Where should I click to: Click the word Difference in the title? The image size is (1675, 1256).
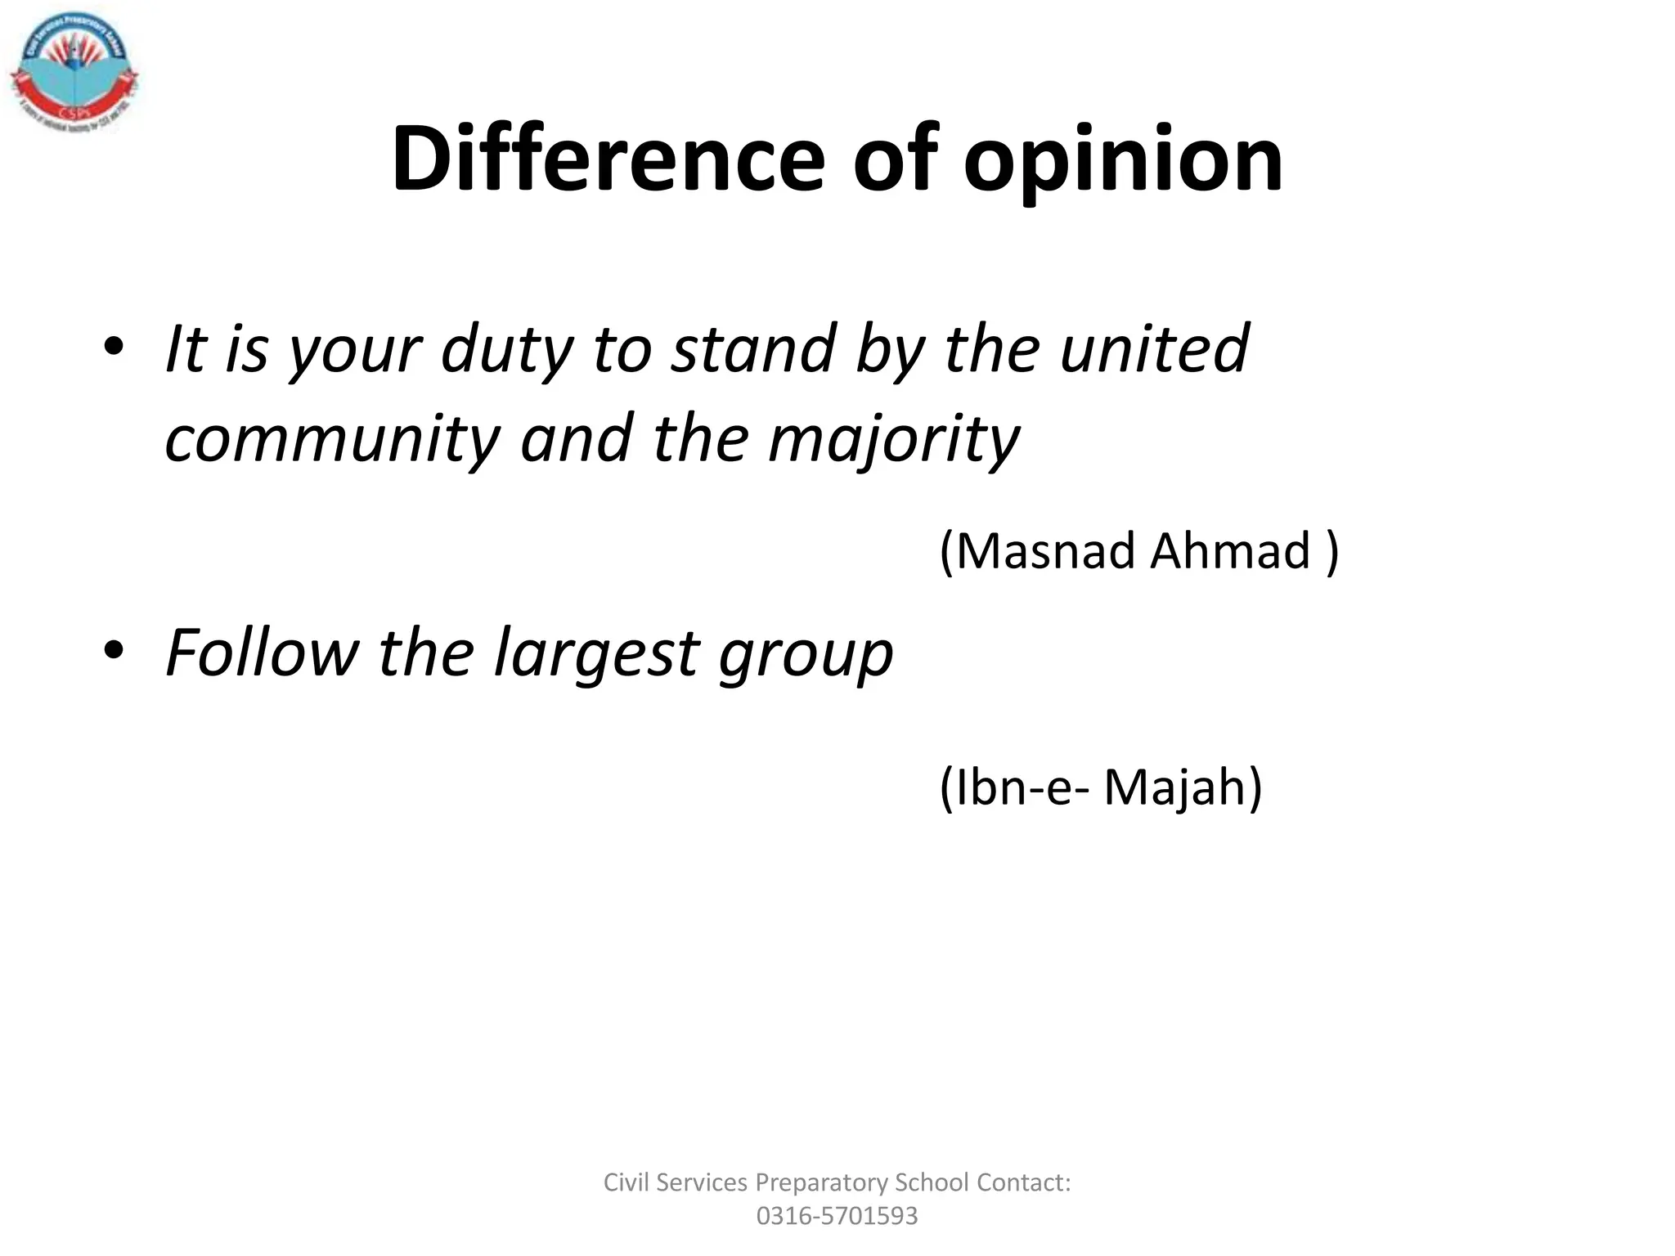pos(608,159)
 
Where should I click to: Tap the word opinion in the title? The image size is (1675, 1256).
pos(1123,160)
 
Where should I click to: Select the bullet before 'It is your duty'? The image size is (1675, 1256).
pos(114,347)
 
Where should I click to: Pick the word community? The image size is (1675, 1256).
pos(332,439)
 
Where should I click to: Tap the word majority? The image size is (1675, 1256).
pos(894,439)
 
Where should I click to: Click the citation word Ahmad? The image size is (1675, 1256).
pos(1230,550)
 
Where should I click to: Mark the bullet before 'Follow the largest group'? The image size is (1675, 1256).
pos(114,651)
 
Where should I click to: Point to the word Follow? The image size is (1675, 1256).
pos(262,653)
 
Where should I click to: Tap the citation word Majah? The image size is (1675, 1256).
pos(1183,787)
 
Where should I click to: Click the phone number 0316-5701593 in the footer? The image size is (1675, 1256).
pos(837,1216)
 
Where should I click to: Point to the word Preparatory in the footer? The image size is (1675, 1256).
pos(821,1183)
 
